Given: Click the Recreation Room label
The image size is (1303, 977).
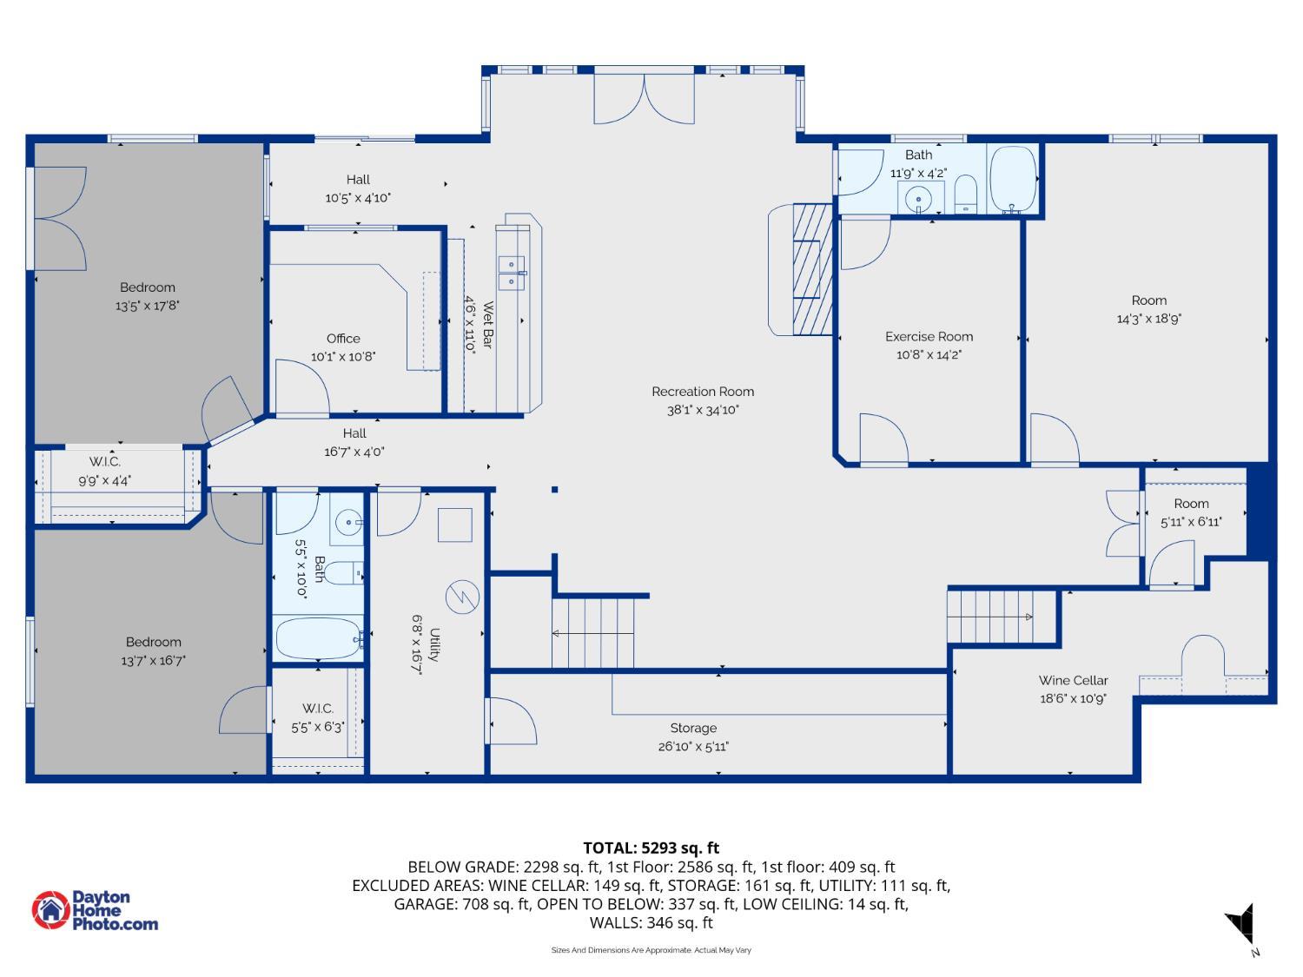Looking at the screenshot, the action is pyautogui.click(x=702, y=392).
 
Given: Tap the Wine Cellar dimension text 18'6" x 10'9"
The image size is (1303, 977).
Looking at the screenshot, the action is pyautogui.click(x=1073, y=699).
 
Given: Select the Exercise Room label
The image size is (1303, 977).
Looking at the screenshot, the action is pyautogui.click(x=929, y=336).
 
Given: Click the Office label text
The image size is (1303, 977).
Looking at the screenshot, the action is pyautogui.click(x=343, y=338).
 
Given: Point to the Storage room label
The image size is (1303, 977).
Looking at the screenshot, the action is pyautogui.click(x=693, y=728).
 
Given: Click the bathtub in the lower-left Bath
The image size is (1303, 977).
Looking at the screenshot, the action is pyautogui.click(x=318, y=639).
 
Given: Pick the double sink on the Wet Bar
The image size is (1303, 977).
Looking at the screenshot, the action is pyautogui.click(x=511, y=273).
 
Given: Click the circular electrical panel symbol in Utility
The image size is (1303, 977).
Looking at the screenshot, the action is pyautogui.click(x=462, y=597).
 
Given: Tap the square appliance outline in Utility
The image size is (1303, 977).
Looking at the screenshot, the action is pyautogui.click(x=454, y=525).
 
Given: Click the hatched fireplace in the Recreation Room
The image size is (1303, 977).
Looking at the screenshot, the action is pyautogui.click(x=812, y=269).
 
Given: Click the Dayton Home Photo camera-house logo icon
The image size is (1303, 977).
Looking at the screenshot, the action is pyautogui.click(x=50, y=909).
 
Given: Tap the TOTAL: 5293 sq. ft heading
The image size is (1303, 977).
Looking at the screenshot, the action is pyautogui.click(x=651, y=848).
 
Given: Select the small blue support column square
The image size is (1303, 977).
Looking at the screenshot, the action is pyautogui.click(x=554, y=490).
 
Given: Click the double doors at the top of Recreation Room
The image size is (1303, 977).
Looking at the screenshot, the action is pyautogui.click(x=644, y=99).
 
